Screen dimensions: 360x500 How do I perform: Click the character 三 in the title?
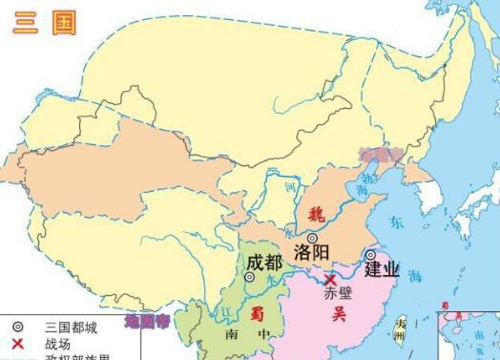point(25,23)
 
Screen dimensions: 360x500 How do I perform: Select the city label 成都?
point(262,260)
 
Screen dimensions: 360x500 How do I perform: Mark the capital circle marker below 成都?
point(250,277)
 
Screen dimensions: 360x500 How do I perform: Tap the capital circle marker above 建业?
point(370,254)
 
